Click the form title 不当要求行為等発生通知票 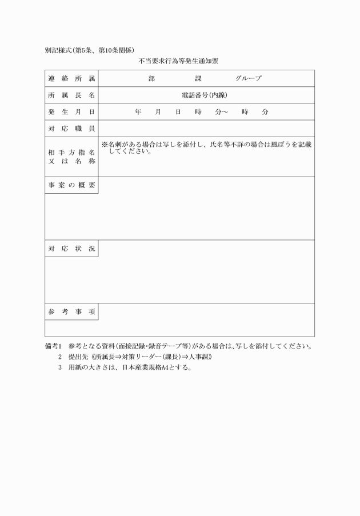coord(179,61)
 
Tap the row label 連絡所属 coord(71,78)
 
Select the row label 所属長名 coord(71,95)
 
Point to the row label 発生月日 coord(71,112)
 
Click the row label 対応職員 coord(71,129)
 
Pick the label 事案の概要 coord(71,185)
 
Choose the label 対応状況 coord(71,249)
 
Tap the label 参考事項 coord(71,311)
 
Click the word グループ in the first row coord(248,78)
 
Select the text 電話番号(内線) coord(204,95)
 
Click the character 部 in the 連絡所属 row coord(151,78)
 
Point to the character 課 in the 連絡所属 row coord(198,78)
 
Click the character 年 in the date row coord(138,112)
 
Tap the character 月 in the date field coord(158,112)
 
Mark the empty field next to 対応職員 coord(206,129)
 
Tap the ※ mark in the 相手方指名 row coord(105,145)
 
